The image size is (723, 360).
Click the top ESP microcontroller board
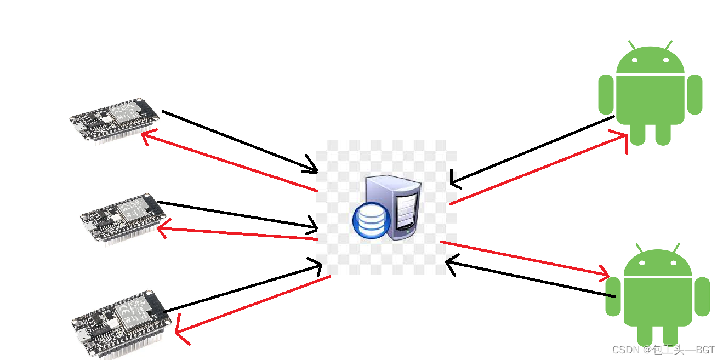click(x=115, y=119)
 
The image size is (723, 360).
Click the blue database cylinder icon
click(x=371, y=219)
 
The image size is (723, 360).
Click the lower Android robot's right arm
click(x=702, y=296)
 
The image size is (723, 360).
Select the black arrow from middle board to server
click(x=236, y=214)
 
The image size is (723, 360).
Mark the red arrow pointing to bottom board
click(x=252, y=305)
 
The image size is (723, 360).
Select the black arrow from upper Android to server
click(x=532, y=149)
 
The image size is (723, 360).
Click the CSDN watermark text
click(x=663, y=350)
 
